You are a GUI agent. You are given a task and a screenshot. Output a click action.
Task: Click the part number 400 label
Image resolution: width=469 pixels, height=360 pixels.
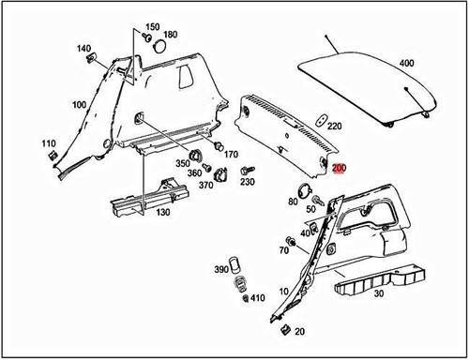[405, 63]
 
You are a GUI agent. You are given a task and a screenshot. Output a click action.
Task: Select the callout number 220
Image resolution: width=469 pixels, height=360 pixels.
[335, 125]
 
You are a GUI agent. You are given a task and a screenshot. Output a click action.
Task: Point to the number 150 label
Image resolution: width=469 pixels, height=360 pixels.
[153, 27]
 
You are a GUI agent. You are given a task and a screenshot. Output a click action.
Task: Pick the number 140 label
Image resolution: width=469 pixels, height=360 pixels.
[83, 48]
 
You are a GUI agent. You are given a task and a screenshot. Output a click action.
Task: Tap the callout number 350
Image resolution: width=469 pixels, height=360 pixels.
[182, 163]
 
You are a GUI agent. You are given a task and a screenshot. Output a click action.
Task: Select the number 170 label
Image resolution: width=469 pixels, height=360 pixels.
[230, 154]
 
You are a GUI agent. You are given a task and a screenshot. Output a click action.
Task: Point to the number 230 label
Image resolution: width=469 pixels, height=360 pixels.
[248, 182]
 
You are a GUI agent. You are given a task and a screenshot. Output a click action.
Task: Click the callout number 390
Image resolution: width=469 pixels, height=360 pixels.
[222, 269]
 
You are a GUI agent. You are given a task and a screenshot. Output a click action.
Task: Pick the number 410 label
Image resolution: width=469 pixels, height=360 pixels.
[258, 298]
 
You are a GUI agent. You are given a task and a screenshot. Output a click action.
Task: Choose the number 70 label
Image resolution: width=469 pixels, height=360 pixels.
[283, 251]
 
